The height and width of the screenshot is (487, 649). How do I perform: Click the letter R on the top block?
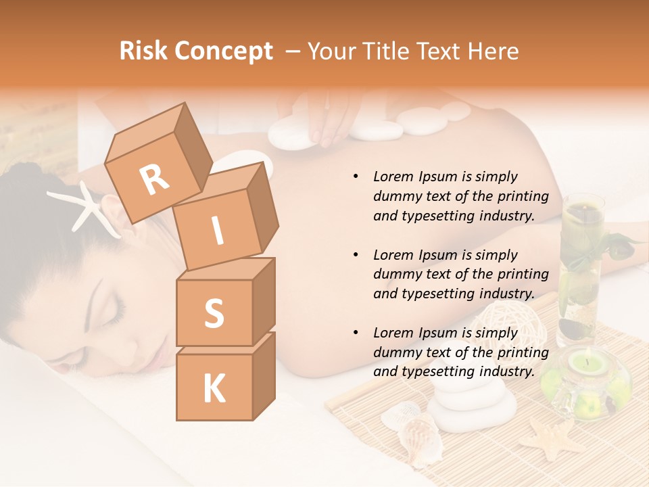154,179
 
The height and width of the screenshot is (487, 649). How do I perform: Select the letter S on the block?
214,313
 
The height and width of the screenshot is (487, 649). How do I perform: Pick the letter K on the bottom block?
214,389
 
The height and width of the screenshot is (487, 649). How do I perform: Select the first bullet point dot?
356,177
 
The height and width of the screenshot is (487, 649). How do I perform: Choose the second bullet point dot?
356,255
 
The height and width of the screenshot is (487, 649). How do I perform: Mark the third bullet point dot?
356,333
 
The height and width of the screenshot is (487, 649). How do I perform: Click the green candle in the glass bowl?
585,365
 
